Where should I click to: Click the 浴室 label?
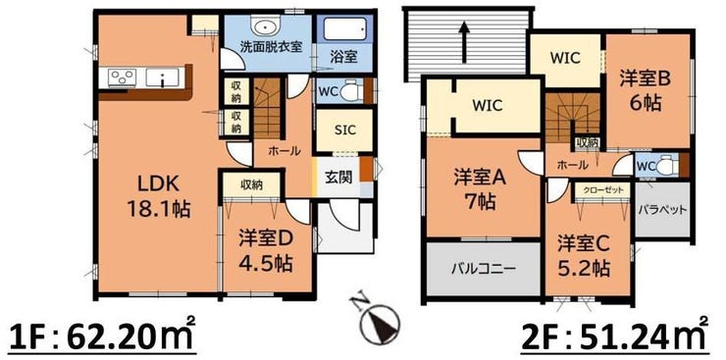click(343, 57)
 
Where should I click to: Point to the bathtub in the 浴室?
click(344, 29)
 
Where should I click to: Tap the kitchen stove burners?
click(122, 77)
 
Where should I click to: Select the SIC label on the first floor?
click(345, 130)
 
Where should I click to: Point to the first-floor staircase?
click(267, 108)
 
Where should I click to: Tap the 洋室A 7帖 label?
click(479, 189)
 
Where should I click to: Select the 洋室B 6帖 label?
click(646, 91)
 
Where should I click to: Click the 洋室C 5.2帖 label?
click(583, 255)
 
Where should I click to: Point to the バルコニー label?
click(484, 269)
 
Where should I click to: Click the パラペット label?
click(662, 210)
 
